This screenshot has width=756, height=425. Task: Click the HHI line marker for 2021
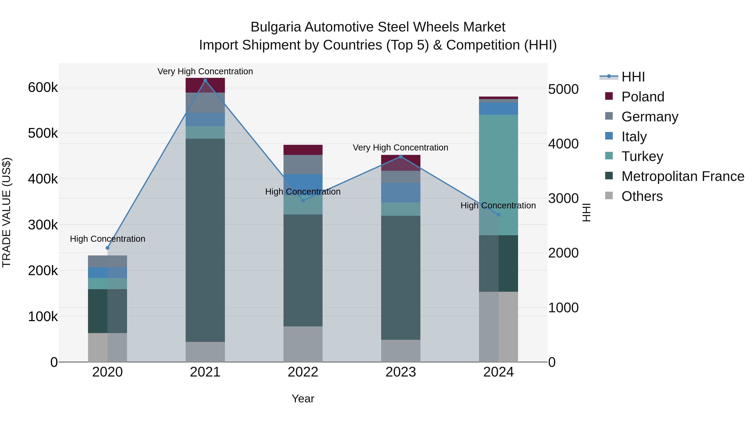point(205,80)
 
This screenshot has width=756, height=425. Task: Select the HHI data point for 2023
point(401,157)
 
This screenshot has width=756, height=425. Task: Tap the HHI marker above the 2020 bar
point(107,248)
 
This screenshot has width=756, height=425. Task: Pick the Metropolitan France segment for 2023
point(401,277)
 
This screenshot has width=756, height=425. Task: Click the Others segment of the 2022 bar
point(303,344)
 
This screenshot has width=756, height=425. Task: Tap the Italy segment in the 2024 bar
point(498,109)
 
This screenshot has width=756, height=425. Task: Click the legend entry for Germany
point(650,117)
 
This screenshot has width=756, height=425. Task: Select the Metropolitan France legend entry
point(683,176)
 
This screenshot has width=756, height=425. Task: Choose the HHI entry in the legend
point(633,77)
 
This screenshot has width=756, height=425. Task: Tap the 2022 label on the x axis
point(303,372)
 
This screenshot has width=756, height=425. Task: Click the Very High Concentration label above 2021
point(205,71)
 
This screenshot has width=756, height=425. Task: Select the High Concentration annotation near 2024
point(498,205)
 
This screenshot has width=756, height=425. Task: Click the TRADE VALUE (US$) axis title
point(7,212)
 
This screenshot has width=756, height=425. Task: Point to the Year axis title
point(303,399)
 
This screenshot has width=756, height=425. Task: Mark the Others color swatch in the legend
point(609,196)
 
